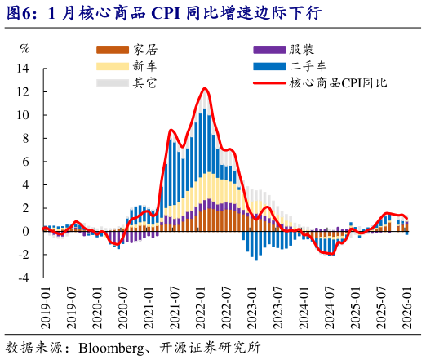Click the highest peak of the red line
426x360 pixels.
(204, 88)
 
